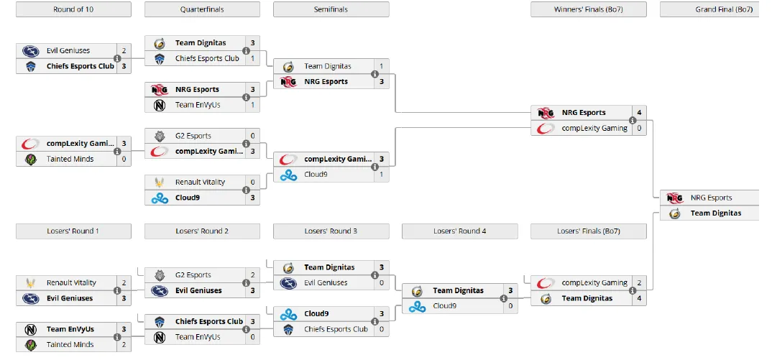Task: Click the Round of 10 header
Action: click(x=73, y=9)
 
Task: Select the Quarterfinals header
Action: click(x=202, y=9)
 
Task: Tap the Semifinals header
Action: click(x=331, y=9)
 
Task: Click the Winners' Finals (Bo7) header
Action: click(x=588, y=9)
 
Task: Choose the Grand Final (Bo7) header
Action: click(x=715, y=9)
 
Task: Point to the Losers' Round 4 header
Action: click(x=459, y=231)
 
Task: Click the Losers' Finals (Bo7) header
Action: click(x=588, y=231)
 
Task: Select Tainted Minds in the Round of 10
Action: click(x=70, y=160)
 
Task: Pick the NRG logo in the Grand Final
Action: click(x=675, y=198)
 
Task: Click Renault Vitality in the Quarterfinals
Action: click(x=200, y=183)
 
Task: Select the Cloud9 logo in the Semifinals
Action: click(x=288, y=175)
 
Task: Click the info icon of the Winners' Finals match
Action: click(x=633, y=121)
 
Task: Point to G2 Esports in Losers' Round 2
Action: click(x=193, y=275)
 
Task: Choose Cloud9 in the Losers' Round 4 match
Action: click(x=447, y=306)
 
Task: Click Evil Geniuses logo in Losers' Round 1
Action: click(x=30, y=298)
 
